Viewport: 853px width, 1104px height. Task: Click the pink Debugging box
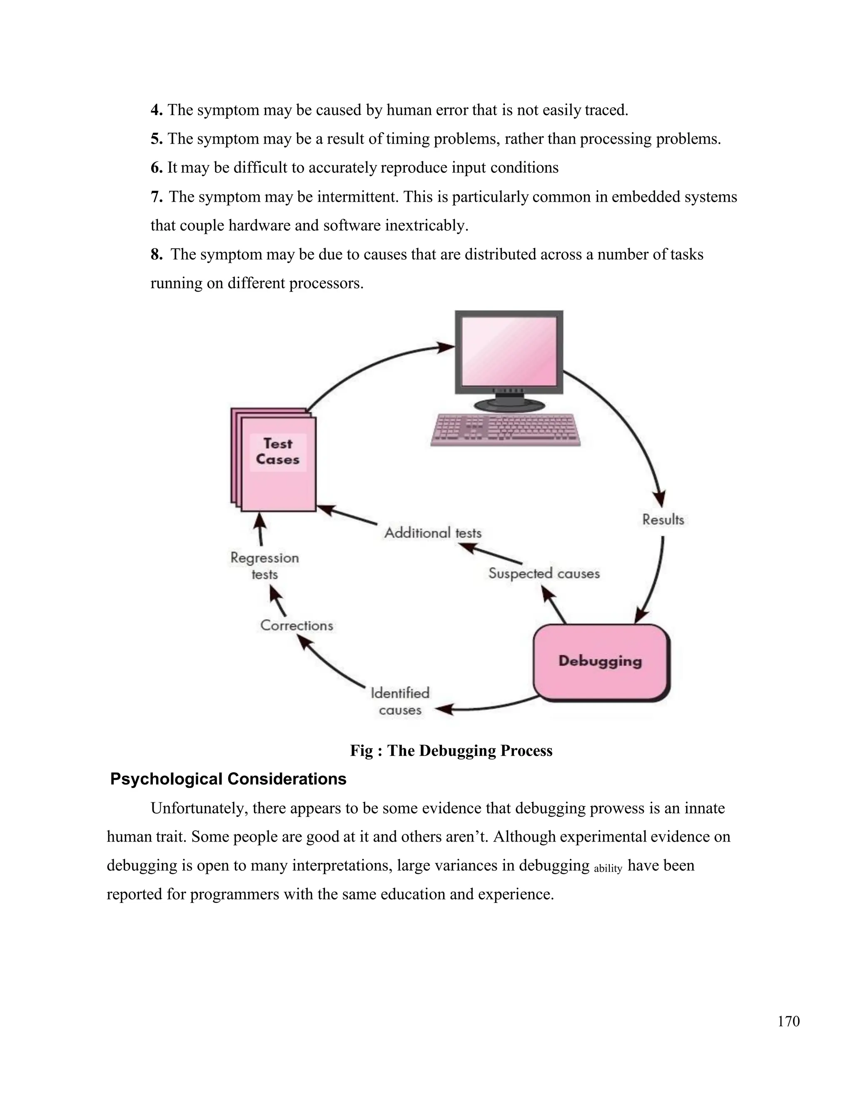coord(601,662)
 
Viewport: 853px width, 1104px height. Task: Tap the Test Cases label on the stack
coord(277,452)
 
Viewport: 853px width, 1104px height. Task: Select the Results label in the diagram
coord(663,520)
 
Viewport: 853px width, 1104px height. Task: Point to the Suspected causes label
coord(544,574)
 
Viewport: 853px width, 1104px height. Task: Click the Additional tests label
coord(433,533)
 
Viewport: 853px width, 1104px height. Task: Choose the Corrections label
coord(297,626)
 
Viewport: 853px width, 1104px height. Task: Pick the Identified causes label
coord(400,701)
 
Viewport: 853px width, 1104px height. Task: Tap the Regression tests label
coord(264,566)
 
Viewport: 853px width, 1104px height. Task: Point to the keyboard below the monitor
coord(505,430)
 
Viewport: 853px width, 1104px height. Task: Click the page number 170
coord(788,1022)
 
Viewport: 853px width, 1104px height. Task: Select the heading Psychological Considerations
coord(228,779)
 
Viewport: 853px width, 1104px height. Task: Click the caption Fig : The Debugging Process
coord(451,751)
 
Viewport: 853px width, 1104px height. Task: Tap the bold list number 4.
coord(156,110)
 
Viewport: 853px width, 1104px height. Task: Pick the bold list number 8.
coord(156,254)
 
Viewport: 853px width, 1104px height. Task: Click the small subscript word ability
coord(608,869)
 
